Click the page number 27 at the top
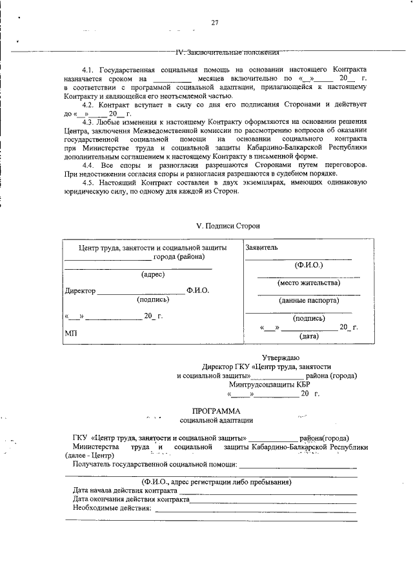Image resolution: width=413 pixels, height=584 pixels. pos(215,23)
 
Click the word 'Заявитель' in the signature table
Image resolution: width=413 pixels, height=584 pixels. pos(261,247)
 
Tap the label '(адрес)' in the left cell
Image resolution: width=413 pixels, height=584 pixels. pos(152,274)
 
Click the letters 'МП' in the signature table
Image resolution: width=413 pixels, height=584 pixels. pos(71,334)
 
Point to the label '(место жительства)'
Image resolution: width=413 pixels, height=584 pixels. pos(308,283)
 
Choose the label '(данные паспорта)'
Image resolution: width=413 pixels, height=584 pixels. pos(308,300)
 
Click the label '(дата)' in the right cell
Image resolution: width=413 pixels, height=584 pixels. pos(308,336)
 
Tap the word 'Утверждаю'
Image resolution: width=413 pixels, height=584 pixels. pos(280,357)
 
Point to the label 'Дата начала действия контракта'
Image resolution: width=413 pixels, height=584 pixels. pos(125,490)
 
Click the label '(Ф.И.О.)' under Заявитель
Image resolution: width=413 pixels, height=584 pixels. pos(308,265)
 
